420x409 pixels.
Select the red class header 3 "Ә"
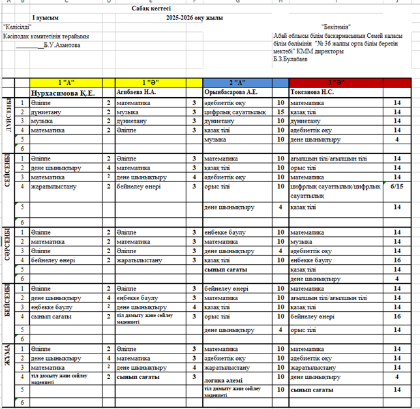[343, 83]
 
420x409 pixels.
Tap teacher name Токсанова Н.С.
[312, 93]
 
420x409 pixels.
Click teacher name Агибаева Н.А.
[136, 93]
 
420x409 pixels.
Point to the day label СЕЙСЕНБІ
[8, 172]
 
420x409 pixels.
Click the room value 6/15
[397, 186]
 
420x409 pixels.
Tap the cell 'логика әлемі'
[224, 380]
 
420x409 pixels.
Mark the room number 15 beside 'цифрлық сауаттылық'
[280, 112]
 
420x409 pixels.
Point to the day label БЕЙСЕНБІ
[8, 302]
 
